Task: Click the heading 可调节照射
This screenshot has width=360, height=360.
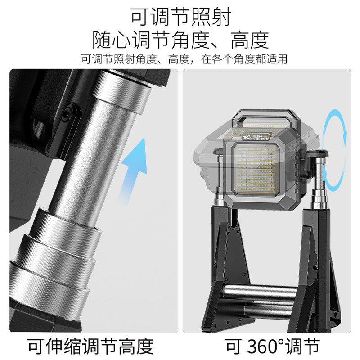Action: coord(180,17)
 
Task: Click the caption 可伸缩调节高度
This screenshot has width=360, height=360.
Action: coord(90,346)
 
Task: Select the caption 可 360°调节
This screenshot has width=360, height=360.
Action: coord(270,346)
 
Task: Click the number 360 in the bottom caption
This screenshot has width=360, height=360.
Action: coord(264,346)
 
